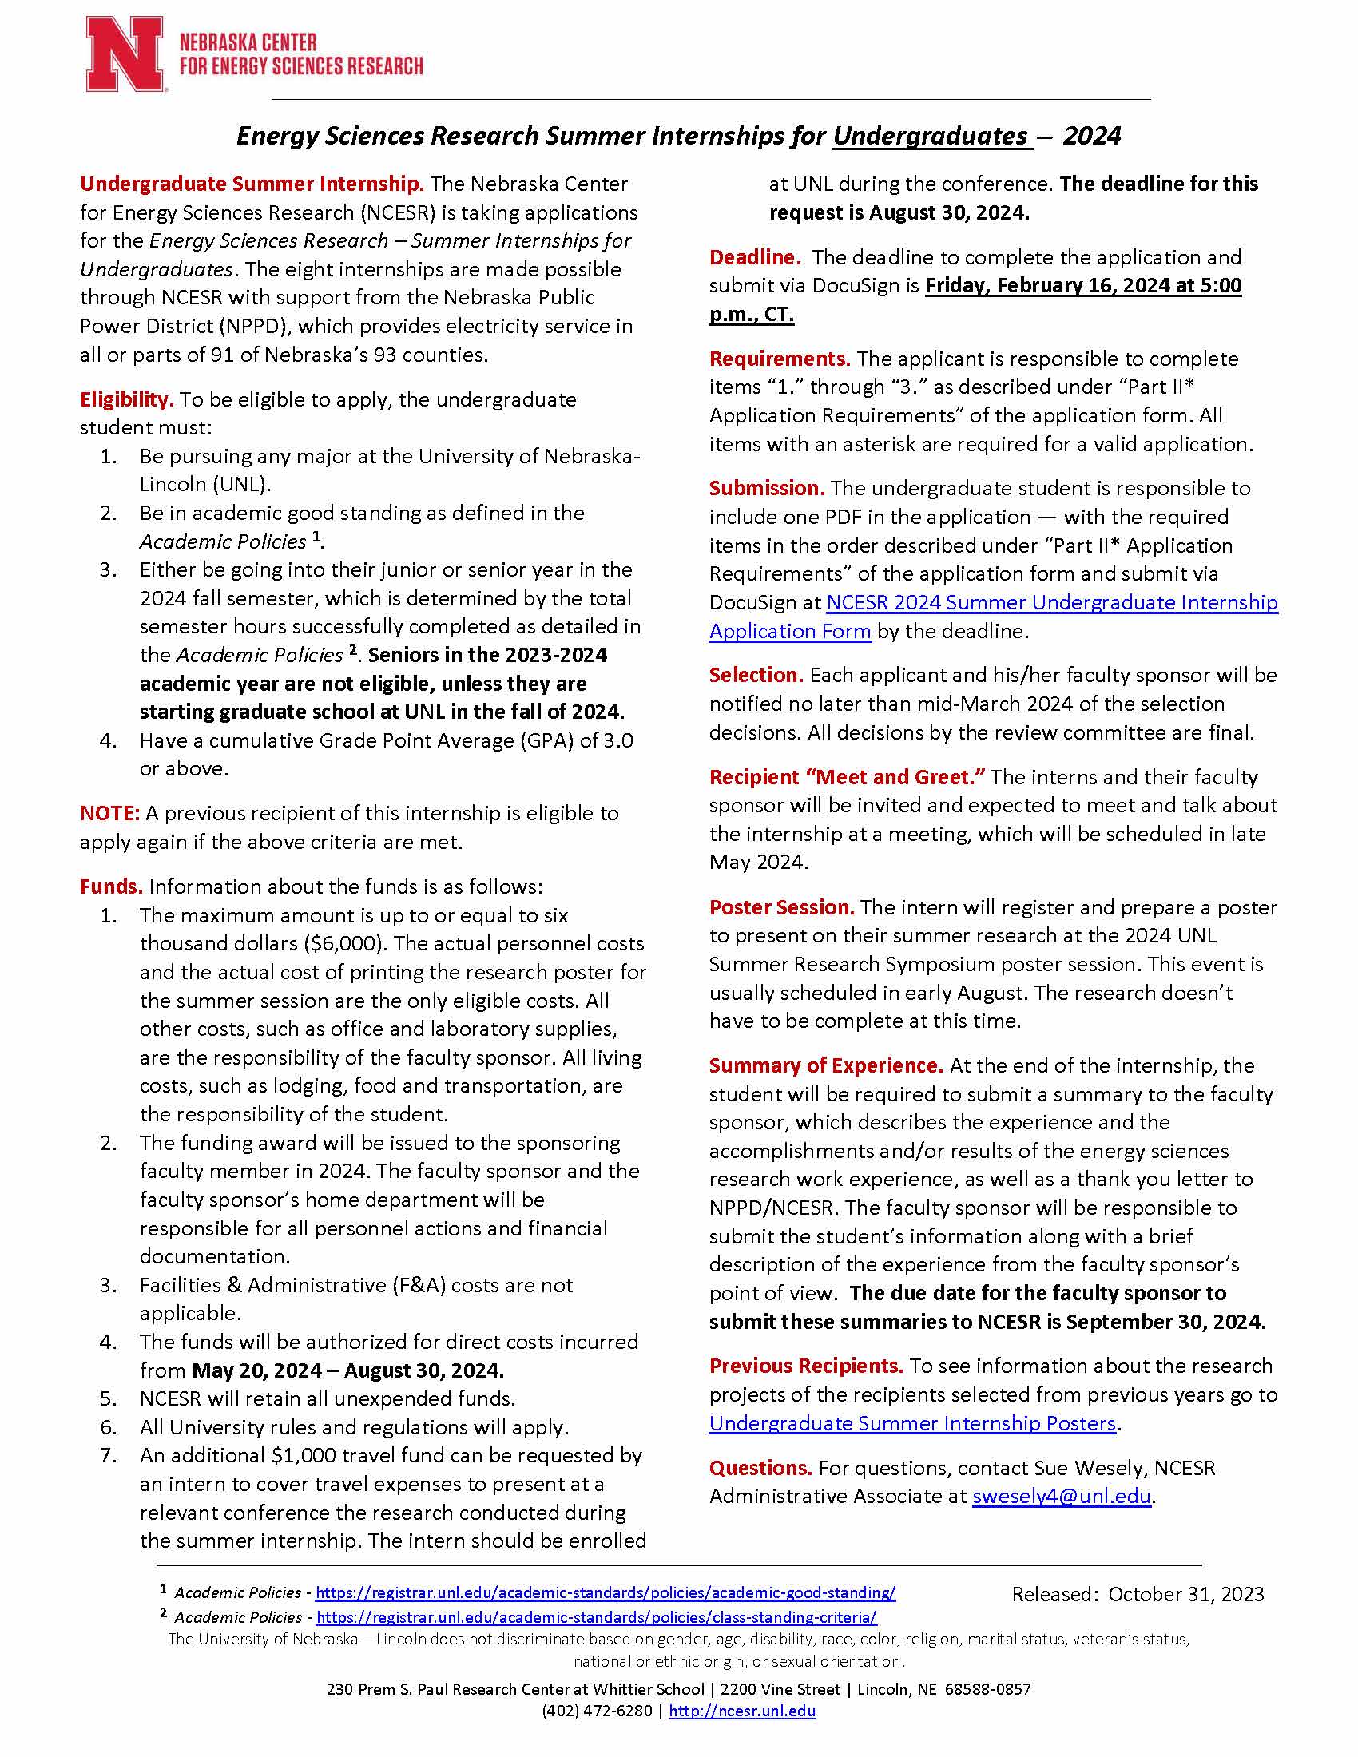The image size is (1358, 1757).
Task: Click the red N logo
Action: click(125, 54)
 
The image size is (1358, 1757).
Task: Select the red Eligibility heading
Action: click(126, 399)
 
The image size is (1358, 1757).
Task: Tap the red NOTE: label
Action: click(110, 812)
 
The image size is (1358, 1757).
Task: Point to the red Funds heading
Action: click(111, 886)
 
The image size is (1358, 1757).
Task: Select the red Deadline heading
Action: click(755, 256)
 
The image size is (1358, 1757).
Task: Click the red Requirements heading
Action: click(780, 358)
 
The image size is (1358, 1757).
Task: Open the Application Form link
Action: click(790, 631)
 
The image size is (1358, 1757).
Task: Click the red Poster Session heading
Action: click(781, 906)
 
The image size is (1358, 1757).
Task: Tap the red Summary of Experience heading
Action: click(825, 1065)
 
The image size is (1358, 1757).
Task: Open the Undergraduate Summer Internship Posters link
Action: click(912, 1422)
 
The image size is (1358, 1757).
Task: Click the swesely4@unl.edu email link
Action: click(1061, 1496)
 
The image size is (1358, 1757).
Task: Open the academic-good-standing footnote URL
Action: click(605, 1592)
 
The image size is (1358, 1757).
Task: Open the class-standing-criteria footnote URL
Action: click(596, 1616)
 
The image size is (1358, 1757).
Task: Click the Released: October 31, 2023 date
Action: click(1138, 1594)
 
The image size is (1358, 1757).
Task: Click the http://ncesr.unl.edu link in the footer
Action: click(742, 1711)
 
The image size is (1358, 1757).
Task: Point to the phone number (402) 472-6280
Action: click(596, 1711)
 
